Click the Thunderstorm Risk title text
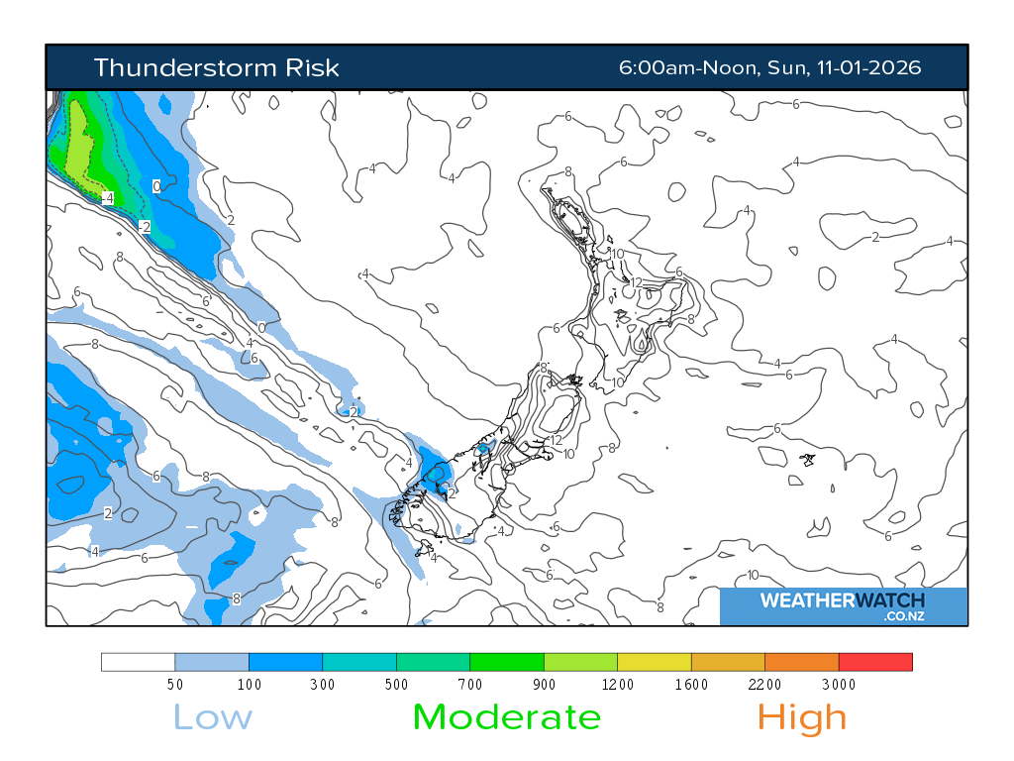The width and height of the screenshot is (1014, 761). pos(216,67)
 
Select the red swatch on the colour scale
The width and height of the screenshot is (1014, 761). pos(875,662)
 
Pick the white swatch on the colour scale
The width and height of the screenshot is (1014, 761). pos(139,662)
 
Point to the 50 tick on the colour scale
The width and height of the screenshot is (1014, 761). pos(175,684)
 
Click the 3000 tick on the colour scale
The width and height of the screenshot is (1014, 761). pos(839,684)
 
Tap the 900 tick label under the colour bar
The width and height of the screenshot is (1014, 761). pos(544,684)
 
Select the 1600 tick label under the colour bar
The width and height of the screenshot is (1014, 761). pos(691,684)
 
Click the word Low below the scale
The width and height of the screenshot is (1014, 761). pos(213,716)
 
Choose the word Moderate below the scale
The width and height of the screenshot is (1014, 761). pos(506,716)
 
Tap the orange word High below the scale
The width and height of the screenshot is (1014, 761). pos(802,716)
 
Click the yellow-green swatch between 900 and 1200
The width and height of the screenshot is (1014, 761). pos(580,662)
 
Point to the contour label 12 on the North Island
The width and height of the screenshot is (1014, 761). pos(636,282)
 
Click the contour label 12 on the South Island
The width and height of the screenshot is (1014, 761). pos(556,440)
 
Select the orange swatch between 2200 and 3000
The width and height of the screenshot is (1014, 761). pos(801,662)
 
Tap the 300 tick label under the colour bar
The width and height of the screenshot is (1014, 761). pos(323,684)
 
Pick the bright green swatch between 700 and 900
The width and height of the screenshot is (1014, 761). pos(507,662)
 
